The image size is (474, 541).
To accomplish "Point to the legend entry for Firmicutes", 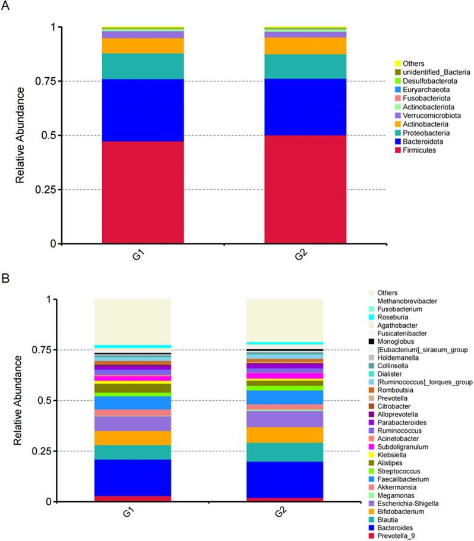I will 419,151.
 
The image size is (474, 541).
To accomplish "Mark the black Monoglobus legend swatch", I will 371,341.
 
